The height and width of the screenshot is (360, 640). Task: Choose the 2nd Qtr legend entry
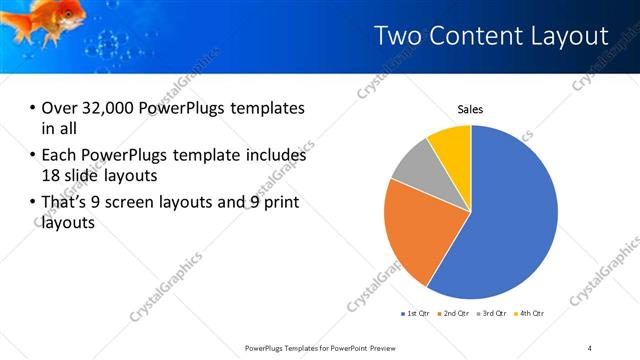pyautogui.click(x=455, y=314)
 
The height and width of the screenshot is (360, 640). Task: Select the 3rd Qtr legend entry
pyautogui.click(x=493, y=314)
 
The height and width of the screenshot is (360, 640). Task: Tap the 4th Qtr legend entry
pyautogui.click(x=530, y=314)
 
